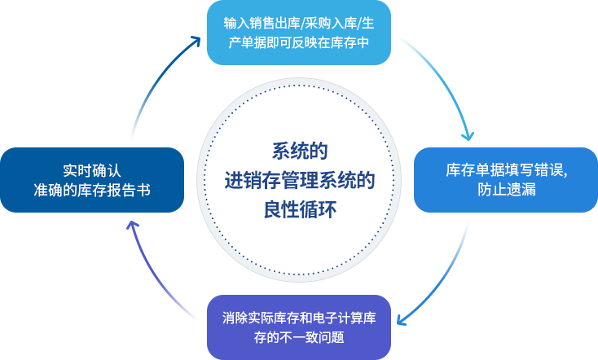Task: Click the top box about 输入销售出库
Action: [x=298, y=33]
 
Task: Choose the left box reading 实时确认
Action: [x=91, y=180]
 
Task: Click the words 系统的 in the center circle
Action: [x=299, y=151]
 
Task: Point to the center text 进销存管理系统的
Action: [x=299, y=180]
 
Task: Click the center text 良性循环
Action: [x=299, y=209]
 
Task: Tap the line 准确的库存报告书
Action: [x=92, y=190]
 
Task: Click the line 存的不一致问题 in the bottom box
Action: [x=299, y=336]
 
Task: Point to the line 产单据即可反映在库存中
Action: [x=299, y=42]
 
